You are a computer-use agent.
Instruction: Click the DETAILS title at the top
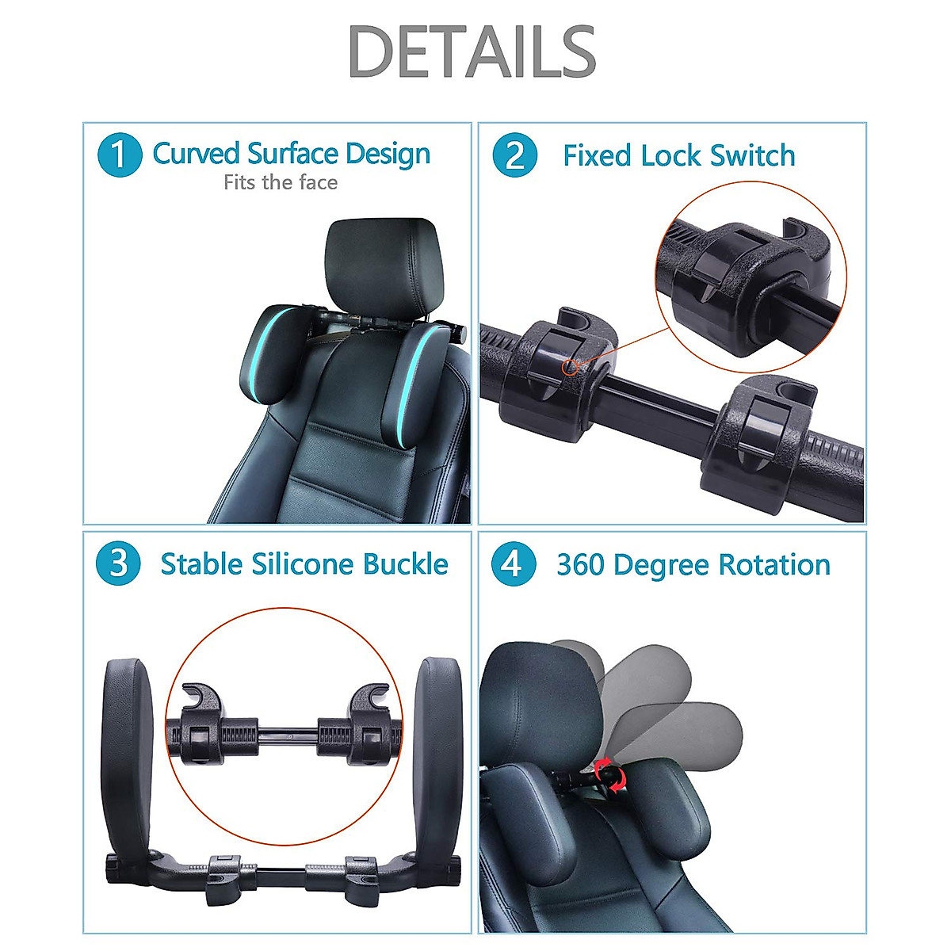click(472, 52)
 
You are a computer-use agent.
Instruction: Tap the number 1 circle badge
click(119, 155)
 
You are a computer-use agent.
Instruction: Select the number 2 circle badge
click(514, 155)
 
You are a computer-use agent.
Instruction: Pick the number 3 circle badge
click(118, 564)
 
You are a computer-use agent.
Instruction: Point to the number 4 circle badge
click(513, 564)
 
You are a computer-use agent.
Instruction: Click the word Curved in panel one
click(196, 154)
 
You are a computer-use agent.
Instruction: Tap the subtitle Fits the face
click(281, 183)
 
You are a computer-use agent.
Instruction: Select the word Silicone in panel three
click(303, 564)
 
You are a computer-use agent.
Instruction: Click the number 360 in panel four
click(581, 565)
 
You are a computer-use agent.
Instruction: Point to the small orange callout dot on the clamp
click(568, 367)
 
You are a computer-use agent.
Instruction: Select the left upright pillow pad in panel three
click(128, 753)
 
